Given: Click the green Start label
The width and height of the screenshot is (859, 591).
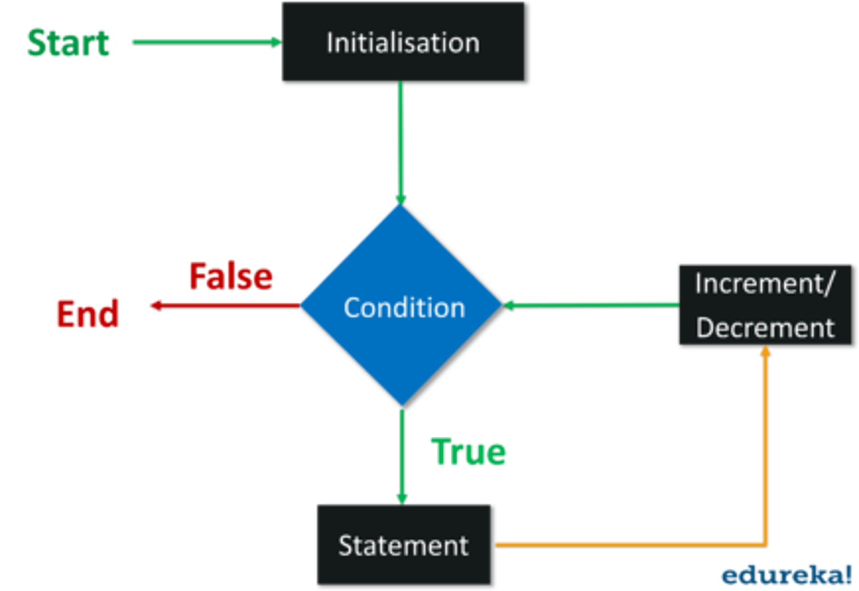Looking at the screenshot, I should click(x=68, y=43).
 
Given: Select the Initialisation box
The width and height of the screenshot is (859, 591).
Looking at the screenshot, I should click(x=402, y=42).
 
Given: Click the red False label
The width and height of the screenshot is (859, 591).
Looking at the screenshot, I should click(x=231, y=276).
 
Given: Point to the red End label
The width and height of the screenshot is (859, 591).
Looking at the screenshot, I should click(x=88, y=313).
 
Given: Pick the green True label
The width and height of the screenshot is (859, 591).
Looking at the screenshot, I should click(x=468, y=451).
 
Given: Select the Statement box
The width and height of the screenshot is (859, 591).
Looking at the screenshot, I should click(x=403, y=545).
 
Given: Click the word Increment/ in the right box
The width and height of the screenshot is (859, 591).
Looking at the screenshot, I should click(x=765, y=284).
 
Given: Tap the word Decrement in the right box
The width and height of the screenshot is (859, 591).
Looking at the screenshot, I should click(x=765, y=328).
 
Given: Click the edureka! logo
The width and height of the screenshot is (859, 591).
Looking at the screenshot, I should click(x=786, y=575).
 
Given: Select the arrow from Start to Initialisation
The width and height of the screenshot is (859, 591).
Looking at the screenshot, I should click(x=205, y=42).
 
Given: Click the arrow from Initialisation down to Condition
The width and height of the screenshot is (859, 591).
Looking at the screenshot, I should click(x=401, y=141).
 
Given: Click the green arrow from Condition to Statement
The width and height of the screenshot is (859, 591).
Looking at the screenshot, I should click(x=402, y=453).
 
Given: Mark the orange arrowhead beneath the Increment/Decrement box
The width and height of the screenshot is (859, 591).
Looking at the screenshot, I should click(x=765, y=351).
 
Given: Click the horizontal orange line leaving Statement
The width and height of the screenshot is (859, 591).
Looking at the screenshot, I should click(x=628, y=544).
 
